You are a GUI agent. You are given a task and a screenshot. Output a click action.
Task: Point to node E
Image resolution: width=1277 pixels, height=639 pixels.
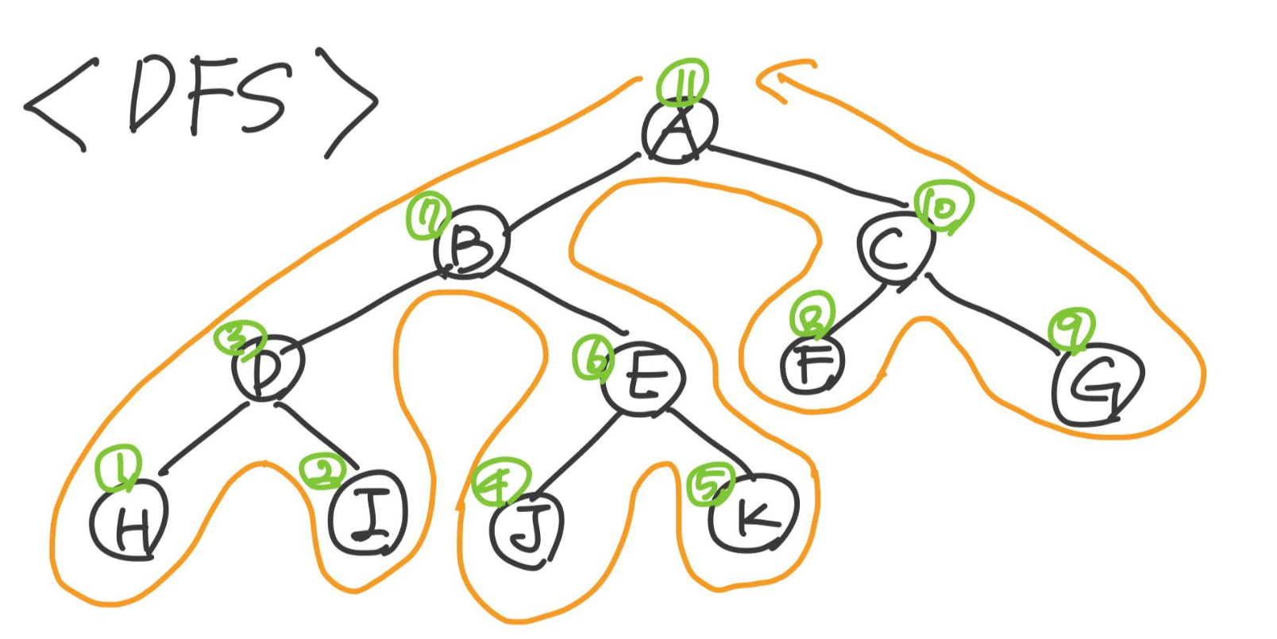tap(642, 378)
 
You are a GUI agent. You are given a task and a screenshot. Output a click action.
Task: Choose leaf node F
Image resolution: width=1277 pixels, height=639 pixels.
tap(812, 365)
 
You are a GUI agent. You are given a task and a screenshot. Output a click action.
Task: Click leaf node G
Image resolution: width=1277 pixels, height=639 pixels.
tap(1097, 385)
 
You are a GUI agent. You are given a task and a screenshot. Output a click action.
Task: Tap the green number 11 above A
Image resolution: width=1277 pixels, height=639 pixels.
tap(682, 82)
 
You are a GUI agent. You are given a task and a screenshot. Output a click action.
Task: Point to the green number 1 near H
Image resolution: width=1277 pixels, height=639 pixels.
tap(118, 468)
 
